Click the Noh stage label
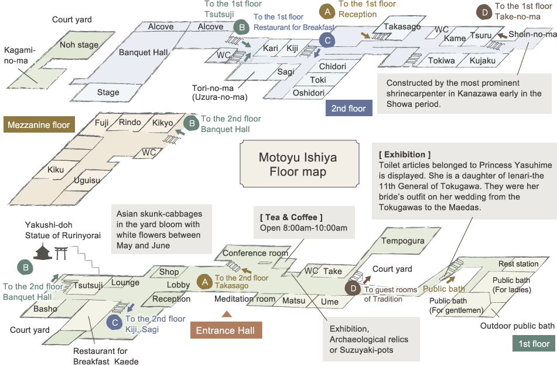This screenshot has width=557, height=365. click(79, 45)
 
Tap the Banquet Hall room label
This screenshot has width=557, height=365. click(143, 52)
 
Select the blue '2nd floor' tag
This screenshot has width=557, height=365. click(349, 108)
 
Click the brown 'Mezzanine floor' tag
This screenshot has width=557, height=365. click(39, 124)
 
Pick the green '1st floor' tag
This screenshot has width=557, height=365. click(534, 344)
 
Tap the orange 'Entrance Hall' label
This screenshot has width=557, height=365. click(225, 330)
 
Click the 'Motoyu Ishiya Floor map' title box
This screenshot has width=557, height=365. click(299, 164)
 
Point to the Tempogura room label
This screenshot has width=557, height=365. click(403, 241)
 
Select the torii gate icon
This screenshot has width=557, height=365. click(61, 254)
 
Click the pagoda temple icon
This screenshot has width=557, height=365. click(43, 251)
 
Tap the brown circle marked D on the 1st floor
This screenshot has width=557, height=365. click(353, 288)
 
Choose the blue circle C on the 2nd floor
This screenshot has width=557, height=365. click(327, 40)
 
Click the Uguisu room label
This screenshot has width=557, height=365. click(87, 180)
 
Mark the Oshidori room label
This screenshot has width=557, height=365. click(309, 93)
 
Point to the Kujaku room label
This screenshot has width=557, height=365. click(483, 60)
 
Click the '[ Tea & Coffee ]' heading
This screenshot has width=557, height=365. click(291, 217)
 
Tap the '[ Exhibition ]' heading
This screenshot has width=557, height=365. click(405, 154)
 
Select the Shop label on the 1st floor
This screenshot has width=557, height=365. click(169, 272)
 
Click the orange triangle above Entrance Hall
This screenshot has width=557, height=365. click(227, 314)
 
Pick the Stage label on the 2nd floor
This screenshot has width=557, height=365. click(108, 92)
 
